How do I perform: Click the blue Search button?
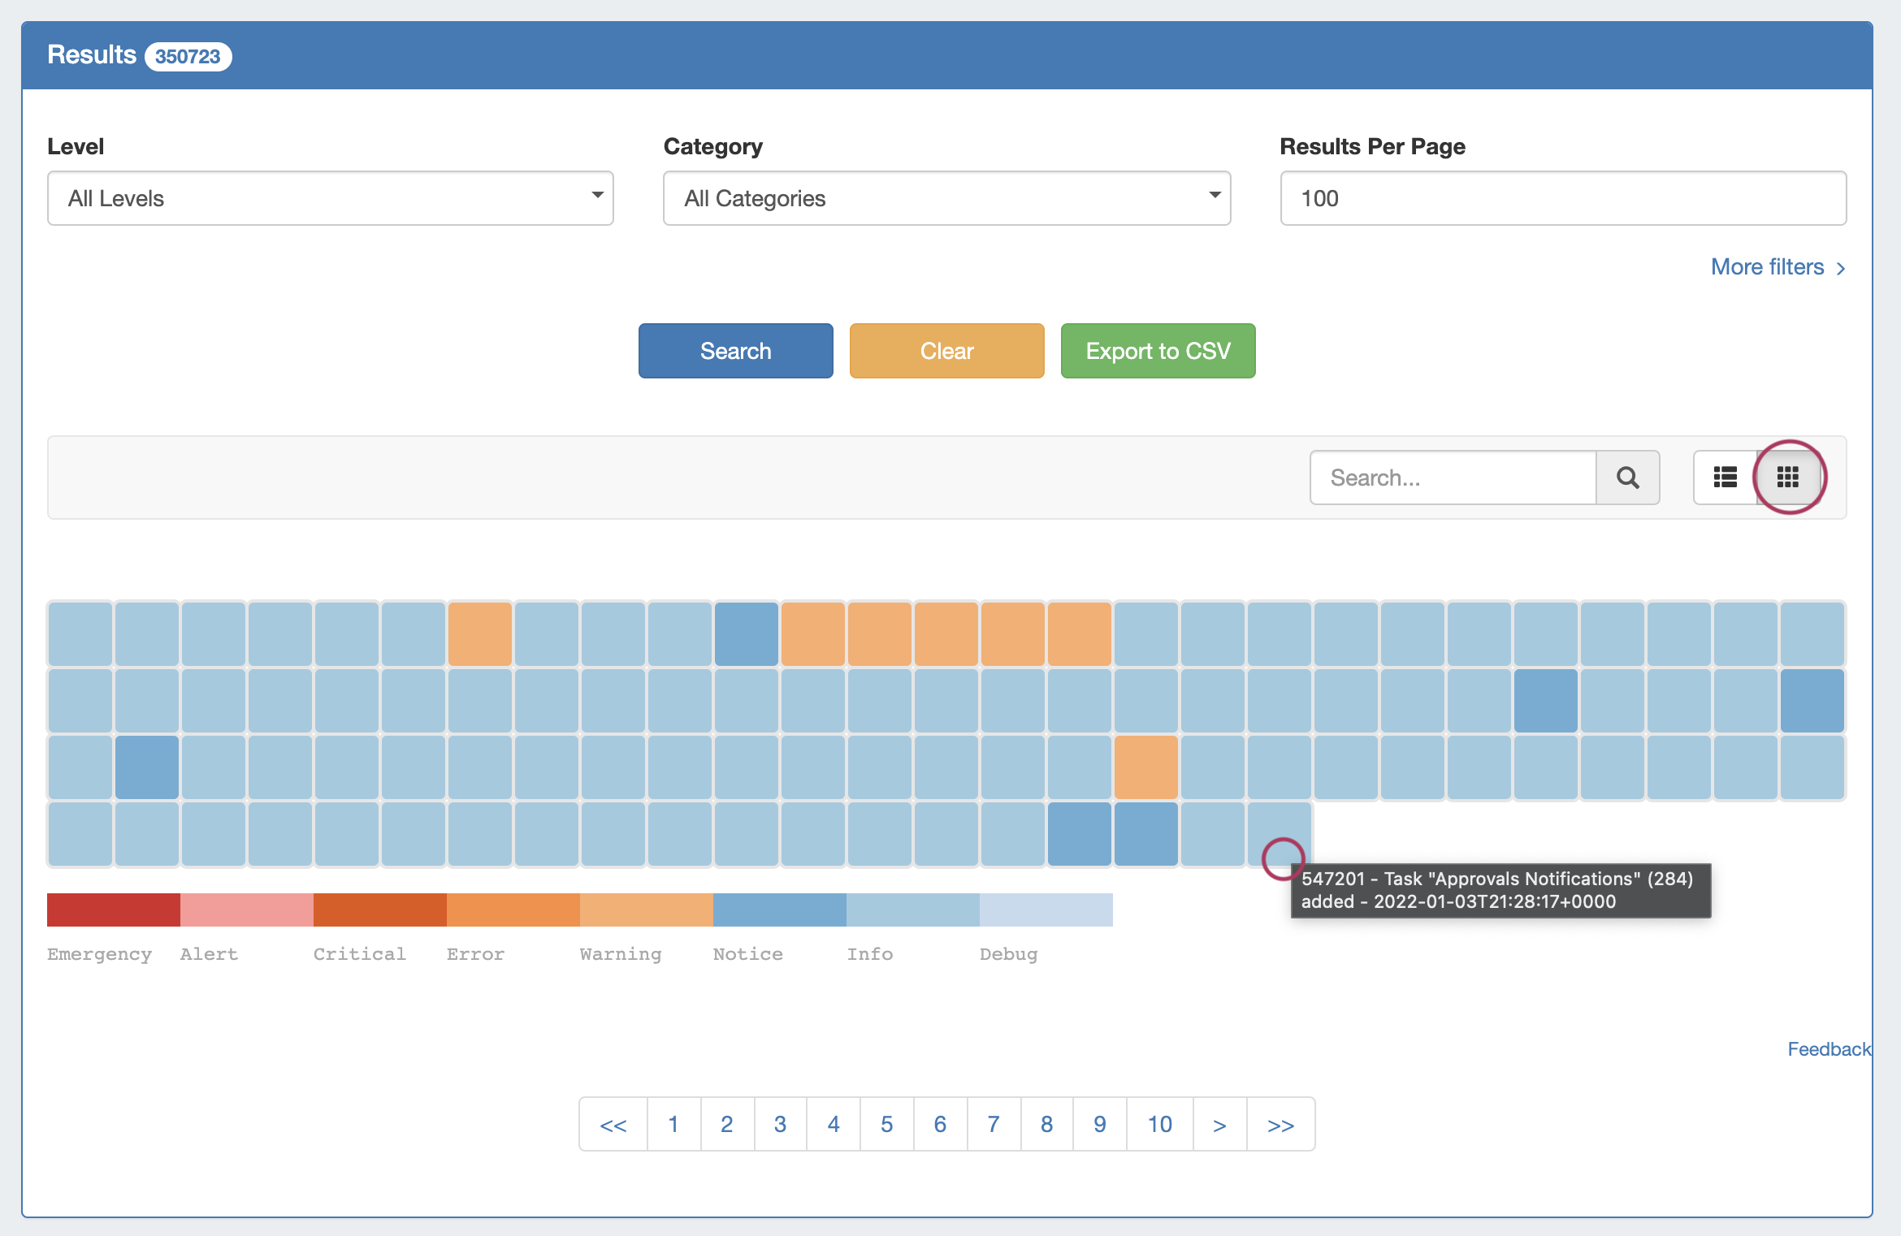(735, 351)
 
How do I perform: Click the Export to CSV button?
(1158, 351)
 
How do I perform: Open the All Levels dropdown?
(330, 198)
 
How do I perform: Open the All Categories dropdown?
(946, 198)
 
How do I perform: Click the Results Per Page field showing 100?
(1562, 198)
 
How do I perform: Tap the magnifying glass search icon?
(1627, 478)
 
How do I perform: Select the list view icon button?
(1725, 478)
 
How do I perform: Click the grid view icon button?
(1788, 478)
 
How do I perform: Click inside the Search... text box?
(1453, 478)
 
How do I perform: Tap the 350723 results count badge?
(188, 57)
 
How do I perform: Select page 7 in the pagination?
(993, 1124)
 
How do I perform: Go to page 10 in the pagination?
(1159, 1124)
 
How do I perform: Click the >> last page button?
(1280, 1124)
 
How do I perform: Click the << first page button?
(613, 1124)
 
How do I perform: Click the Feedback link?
(1829, 1049)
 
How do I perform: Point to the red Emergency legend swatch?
(114, 910)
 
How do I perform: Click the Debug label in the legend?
(1008, 954)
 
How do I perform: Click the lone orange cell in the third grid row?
(1145, 767)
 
